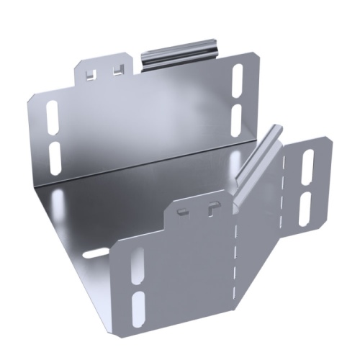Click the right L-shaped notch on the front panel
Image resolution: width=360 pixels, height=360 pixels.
point(210,208)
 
